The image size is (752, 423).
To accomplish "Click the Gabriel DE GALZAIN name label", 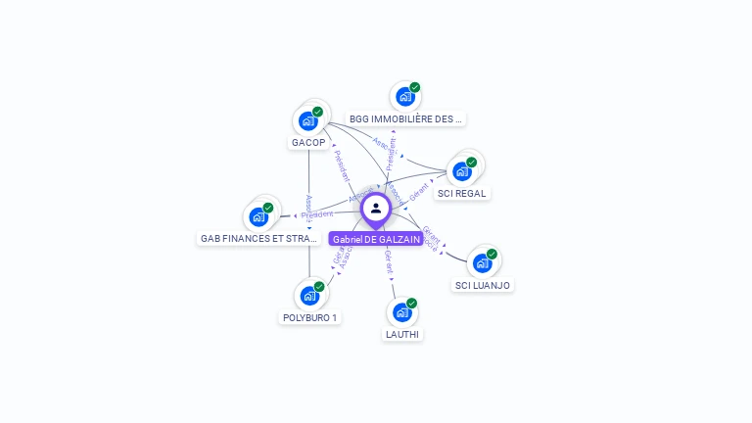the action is (376, 239).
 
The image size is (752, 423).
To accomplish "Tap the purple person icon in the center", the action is (376, 208).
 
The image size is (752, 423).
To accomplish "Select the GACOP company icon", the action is (308, 121).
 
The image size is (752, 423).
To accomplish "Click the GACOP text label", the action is (308, 143).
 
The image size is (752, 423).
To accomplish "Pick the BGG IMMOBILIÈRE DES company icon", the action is (405, 97).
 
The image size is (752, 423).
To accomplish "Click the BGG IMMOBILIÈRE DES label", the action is (405, 119).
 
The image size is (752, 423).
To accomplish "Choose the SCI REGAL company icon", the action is (462, 171).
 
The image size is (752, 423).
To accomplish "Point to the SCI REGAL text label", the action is (462, 194).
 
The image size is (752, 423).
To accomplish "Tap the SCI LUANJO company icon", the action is (482, 263).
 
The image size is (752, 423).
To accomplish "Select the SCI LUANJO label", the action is (482, 286).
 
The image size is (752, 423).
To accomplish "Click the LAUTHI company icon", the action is (401, 312).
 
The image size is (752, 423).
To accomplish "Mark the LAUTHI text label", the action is (402, 335).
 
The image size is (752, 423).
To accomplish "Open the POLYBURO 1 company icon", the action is (309, 295).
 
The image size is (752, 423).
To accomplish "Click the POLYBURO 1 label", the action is (309, 318).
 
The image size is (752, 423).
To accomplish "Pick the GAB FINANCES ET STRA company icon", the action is (258, 216).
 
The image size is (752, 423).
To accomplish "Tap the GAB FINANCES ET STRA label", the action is (258, 239).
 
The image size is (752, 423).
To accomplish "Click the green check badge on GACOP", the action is (317, 112).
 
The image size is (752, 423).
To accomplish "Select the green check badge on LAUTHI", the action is (411, 304).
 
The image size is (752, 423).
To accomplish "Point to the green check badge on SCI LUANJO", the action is (492, 254).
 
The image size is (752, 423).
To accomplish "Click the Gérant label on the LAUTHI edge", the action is (389, 261).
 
